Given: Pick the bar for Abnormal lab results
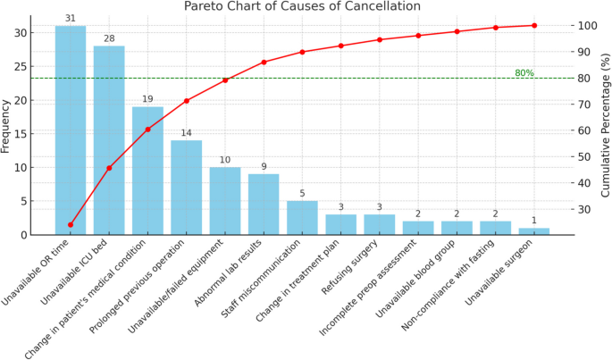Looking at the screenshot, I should tap(264, 205).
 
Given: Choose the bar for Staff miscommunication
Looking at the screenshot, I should tap(302, 218).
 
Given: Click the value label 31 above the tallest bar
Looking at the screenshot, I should tap(71, 19).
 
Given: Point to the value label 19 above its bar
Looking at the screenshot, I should tap(147, 99).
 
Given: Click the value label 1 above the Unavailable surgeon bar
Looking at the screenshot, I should tap(534, 221).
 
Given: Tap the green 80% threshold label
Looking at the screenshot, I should tap(524, 72).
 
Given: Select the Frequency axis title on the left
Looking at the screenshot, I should tap(7, 125).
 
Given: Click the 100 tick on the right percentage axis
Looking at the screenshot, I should tap(581, 26).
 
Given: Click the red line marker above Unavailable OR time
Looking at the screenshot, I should tap(71, 225).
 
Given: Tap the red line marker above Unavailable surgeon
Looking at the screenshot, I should tap(534, 25).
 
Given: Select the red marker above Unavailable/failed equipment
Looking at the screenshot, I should tap(225, 80).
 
